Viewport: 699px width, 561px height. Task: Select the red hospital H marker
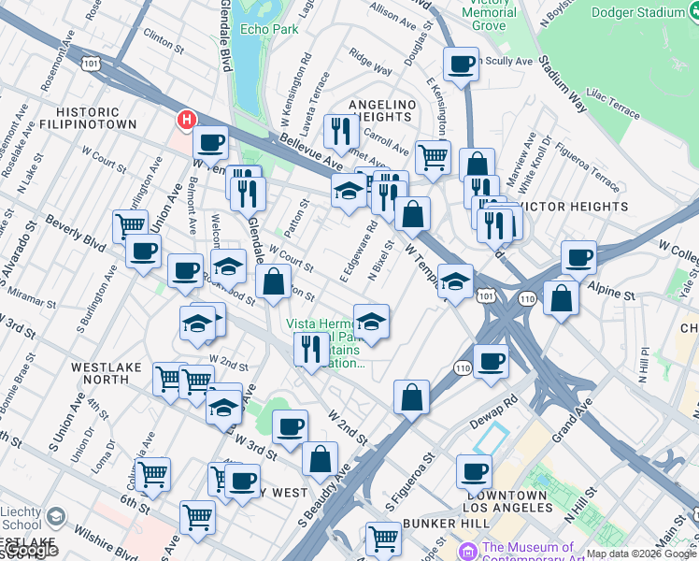pos(187,120)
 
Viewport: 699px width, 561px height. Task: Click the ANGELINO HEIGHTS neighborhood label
pos(380,109)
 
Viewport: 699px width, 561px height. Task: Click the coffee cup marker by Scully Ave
pos(460,65)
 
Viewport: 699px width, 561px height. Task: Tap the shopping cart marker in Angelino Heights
pos(433,157)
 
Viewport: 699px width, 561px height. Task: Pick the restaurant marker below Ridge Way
pos(341,132)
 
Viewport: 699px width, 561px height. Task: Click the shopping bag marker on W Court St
pos(273,283)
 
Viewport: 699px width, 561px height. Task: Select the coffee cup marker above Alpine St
pos(578,258)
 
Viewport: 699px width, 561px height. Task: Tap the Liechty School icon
pos(55,517)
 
